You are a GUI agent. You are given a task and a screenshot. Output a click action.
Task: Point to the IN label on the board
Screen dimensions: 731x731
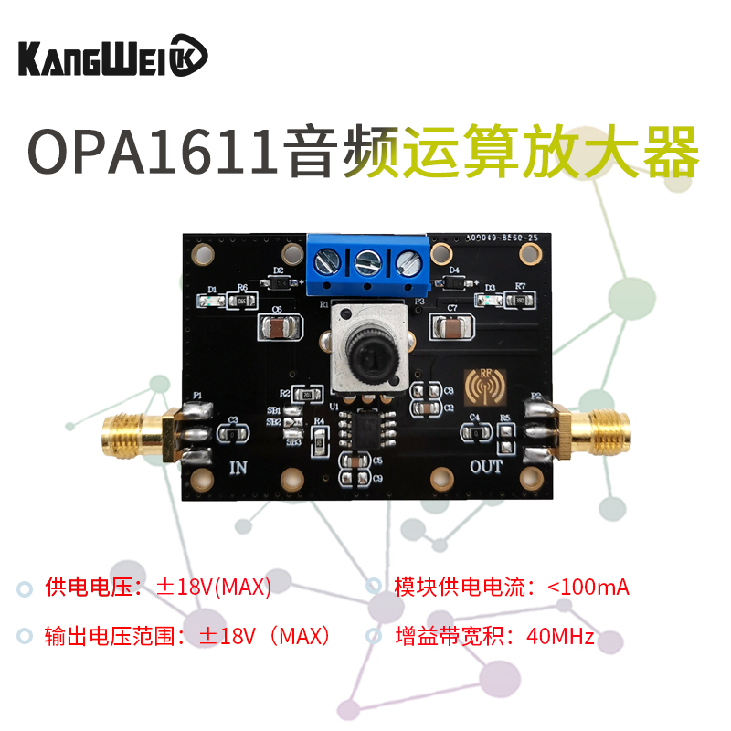coord(238,468)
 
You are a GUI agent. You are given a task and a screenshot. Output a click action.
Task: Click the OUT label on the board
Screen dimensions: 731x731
coord(486,467)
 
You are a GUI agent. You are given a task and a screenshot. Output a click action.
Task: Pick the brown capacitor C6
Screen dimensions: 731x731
coord(277,327)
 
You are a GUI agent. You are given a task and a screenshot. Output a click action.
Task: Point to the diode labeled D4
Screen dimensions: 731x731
coord(450,281)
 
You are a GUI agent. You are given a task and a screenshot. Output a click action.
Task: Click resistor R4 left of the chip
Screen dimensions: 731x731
coord(319,440)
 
